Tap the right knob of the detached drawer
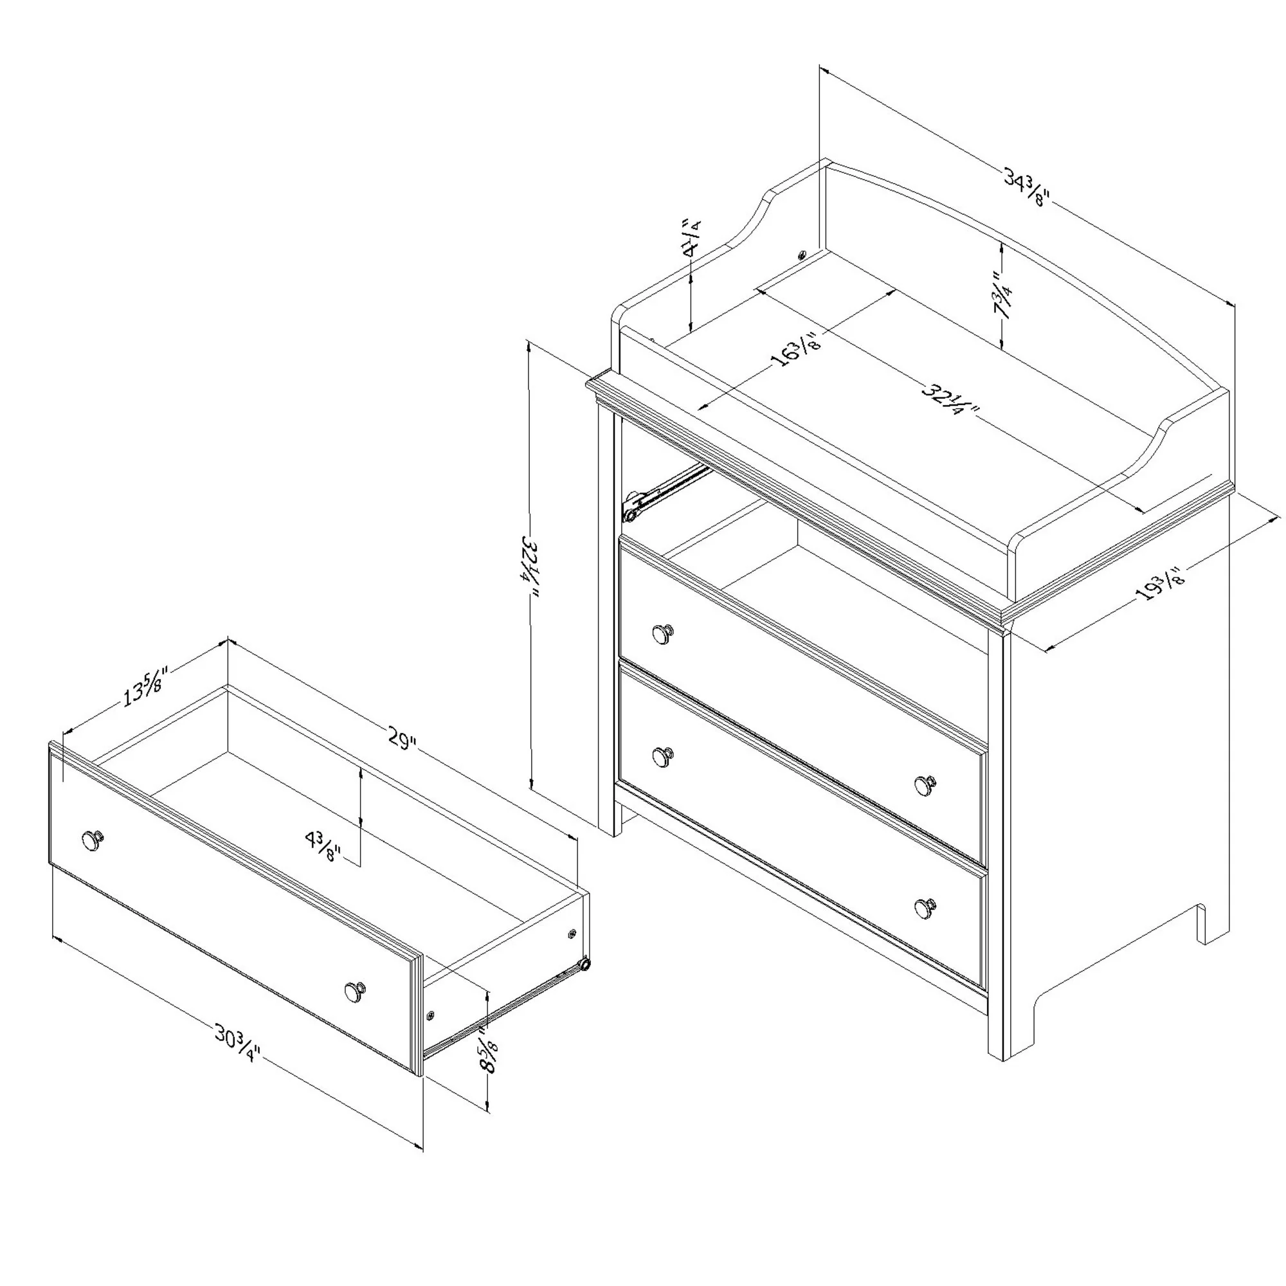pyautogui.click(x=356, y=991)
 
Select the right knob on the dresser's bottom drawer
pyautogui.click(x=924, y=909)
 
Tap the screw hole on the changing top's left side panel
pyautogui.click(x=801, y=254)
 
